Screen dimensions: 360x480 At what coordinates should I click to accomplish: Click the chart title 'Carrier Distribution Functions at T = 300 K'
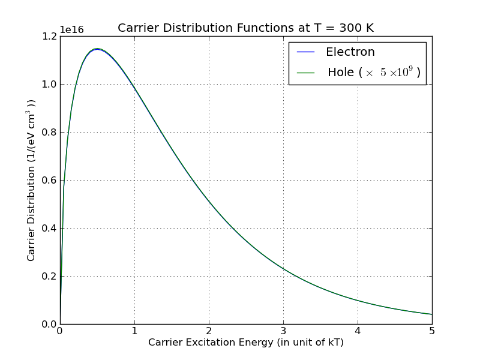coord(245,28)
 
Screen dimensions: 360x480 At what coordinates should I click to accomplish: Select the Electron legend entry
coord(350,52)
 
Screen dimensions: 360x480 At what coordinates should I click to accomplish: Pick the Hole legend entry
coord(373,73)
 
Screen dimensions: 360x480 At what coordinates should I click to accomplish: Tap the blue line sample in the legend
coord(306,52)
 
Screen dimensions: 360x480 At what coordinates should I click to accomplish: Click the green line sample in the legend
coord(306,73)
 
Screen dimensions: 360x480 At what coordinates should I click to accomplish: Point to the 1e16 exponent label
coord(71,30)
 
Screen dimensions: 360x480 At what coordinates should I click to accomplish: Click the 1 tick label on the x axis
coord(134,331)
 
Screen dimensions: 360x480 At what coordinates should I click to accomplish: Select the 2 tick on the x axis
coord(209,331)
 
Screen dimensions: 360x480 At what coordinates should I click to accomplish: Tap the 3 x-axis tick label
coord(283,331)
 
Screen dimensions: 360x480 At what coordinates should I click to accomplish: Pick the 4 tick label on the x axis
coord(358,331)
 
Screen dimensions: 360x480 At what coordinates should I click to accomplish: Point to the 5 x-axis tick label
coord(432,331)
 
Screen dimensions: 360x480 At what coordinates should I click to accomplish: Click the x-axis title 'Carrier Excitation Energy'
coord(245,343)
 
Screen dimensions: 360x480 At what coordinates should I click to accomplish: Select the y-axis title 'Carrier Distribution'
coord(31,180)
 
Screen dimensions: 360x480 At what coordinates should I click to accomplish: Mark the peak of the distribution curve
coord(97,49)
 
